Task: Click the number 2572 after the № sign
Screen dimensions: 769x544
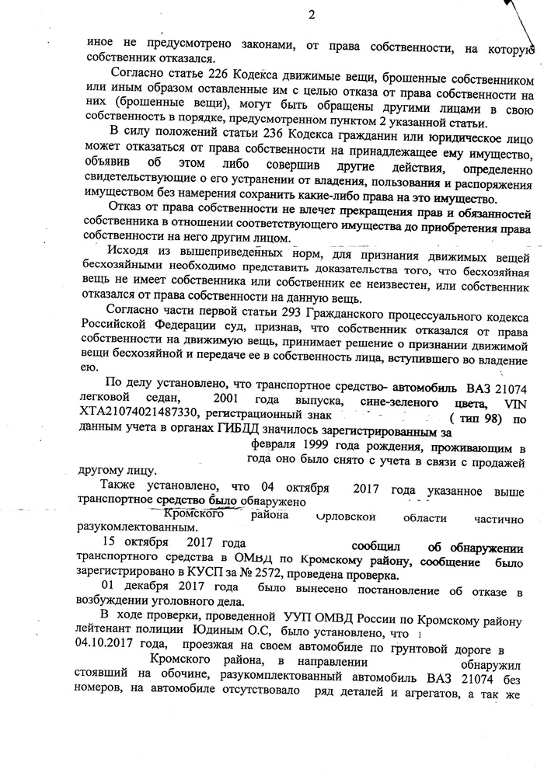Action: point(236,576)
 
